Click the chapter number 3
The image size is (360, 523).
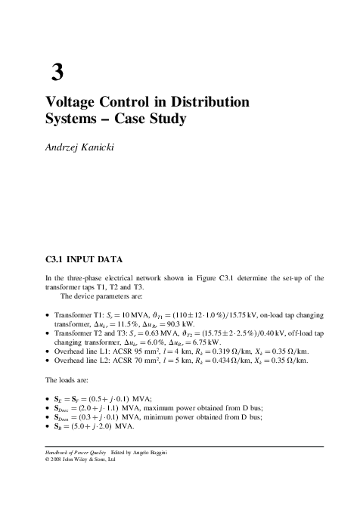pyautogui.click(x=57, y=73)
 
